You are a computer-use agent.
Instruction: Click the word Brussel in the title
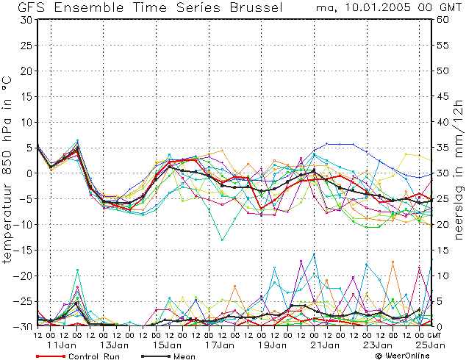(x=257, y=7)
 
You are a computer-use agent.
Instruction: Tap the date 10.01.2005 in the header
(x=379, y=7)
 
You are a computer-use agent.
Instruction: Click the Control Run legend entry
(x=78, y=356)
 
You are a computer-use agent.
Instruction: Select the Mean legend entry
(x=168, y=356)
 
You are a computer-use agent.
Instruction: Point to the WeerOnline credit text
(x=403, y=356)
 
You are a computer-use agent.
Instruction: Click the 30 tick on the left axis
(x=26, y=20)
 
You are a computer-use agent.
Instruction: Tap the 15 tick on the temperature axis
(x=27, y=96)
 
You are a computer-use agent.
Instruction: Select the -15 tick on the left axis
(x=23, y=250)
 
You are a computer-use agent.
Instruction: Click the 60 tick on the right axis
(x=442, y=20)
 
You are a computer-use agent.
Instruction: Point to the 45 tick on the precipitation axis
(x=442, y=96)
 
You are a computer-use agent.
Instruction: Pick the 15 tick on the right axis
(x=442, y=250)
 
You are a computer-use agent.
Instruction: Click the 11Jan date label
(x=62, y=345)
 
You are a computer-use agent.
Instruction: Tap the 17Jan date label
(x=220, y=345)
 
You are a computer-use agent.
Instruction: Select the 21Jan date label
(x=325, y=345)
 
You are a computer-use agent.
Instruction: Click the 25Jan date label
(x=431, y=345)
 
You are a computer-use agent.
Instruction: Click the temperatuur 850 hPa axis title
(x=7, y=169)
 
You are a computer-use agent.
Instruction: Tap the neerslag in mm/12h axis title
(x=459, y=169)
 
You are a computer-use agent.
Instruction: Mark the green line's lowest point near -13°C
(x=222, y=240)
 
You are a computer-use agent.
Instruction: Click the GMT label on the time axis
(x=434, y=335)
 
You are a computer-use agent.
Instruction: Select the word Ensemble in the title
(x=89, y=7)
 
